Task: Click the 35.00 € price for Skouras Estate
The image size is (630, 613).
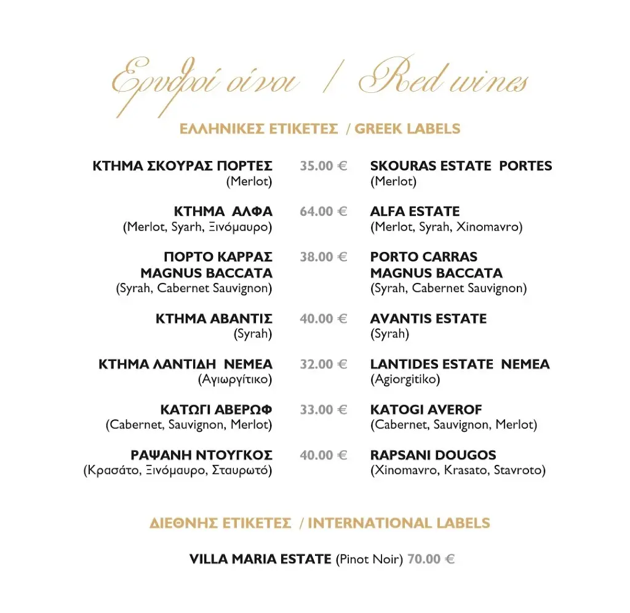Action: [x=324, y=166]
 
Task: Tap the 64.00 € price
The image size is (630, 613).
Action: [x=324, y=212]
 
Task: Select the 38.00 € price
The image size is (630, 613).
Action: [x=324, y=257]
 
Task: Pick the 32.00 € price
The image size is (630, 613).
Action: [x=324, y=364]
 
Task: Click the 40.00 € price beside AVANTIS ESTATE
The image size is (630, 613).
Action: [x=324, y=318]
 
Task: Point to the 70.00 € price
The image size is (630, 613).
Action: [x=431, y=559]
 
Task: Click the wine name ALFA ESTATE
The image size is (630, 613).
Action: [x=415, y=212]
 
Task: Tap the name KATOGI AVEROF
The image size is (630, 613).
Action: [x=426, y=409]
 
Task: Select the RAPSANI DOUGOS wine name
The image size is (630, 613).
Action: [x=433, y=455]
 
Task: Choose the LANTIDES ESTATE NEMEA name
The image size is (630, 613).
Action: [x=460, y=364]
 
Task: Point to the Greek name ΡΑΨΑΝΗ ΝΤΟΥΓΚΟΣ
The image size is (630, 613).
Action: [x=201, y=455]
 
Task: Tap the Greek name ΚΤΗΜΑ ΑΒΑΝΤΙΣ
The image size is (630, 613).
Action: [x=213, y=318]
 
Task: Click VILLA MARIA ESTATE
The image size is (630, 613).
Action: [x=260, y=559]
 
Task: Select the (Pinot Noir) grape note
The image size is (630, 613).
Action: [x=369, y=560]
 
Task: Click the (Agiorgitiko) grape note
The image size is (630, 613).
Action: [x=405, y=379]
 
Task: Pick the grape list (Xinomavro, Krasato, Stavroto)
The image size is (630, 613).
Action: [x=458, y=470]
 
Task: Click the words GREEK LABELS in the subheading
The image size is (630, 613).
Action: [x=407, y=129]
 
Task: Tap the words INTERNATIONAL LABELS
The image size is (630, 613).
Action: [x=399, y=523]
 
